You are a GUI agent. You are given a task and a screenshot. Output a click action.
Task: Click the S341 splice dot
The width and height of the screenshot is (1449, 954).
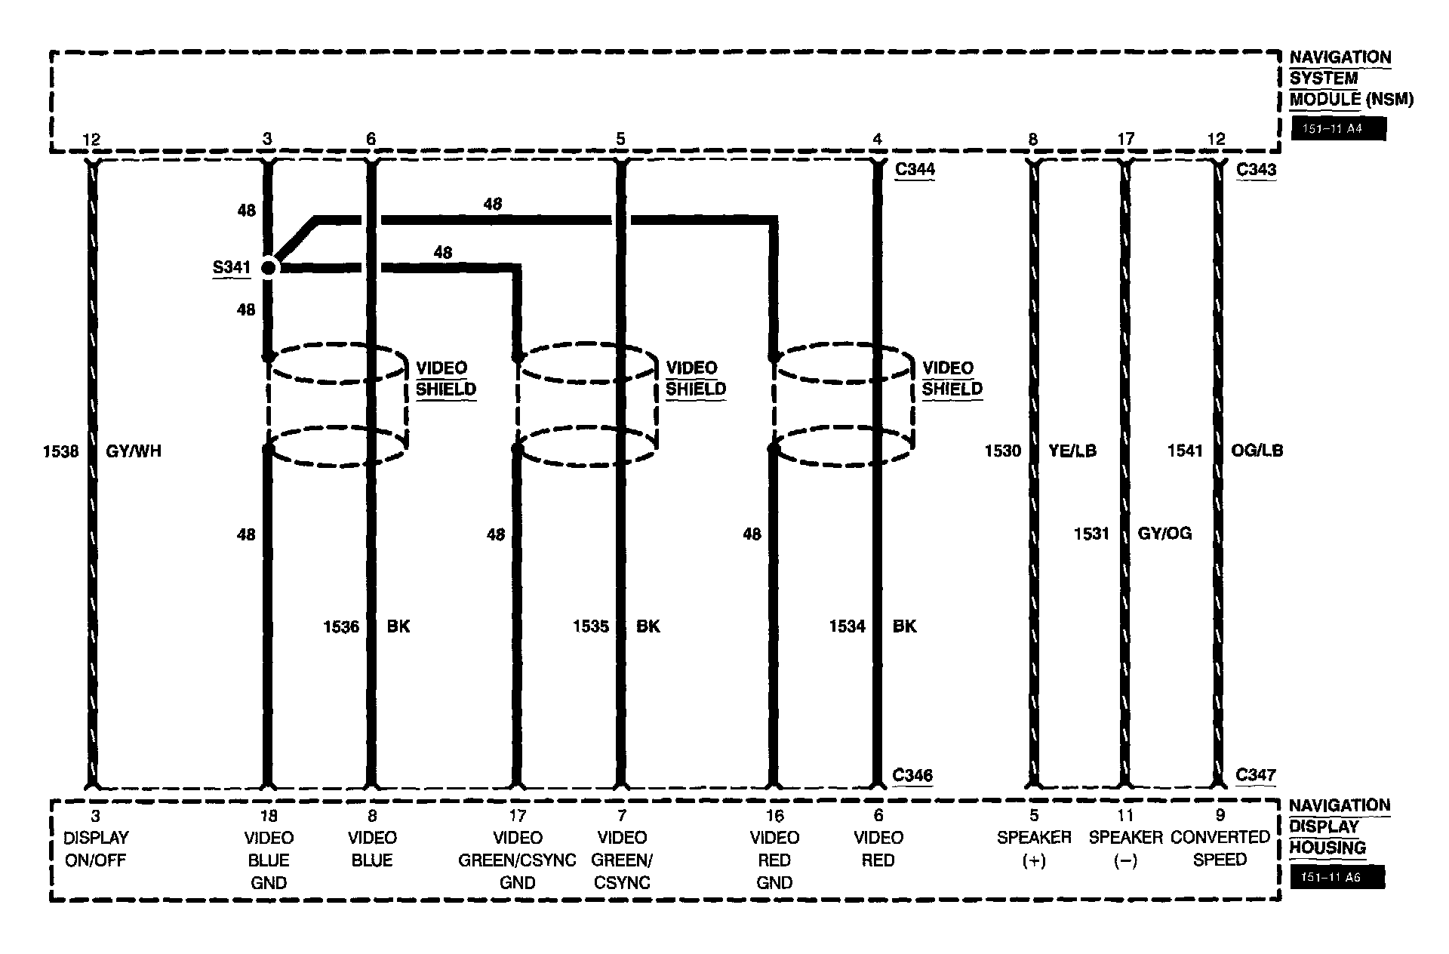[268, 267]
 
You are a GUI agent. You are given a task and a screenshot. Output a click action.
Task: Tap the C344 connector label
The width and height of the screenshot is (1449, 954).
[914, 169]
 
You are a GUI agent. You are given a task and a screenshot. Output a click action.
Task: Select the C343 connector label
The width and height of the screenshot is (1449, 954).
[1256, 169]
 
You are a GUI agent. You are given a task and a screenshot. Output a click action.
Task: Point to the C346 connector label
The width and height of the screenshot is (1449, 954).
[912, 775]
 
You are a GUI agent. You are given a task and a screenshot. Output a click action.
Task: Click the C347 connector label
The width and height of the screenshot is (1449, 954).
[1256, 775]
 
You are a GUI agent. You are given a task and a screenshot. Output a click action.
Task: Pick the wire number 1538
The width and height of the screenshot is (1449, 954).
[60, 451]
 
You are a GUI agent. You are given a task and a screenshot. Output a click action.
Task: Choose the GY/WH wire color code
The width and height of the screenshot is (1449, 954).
[134, 451]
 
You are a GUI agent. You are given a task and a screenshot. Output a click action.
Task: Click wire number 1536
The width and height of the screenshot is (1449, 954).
[341, 626]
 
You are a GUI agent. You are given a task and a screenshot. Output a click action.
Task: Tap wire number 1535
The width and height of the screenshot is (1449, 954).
[590, 626]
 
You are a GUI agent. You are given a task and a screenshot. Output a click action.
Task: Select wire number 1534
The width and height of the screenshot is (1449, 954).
[847, 626]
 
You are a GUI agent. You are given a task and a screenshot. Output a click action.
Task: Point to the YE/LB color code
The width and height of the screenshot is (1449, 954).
[1072, 451]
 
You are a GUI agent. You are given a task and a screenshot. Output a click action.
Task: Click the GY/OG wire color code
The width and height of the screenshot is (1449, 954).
[1164, 534]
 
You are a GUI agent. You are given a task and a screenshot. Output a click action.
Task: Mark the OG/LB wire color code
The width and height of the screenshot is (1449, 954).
[1257, 451]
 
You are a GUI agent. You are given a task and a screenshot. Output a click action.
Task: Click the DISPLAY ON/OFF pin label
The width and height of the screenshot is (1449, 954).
[96, 848]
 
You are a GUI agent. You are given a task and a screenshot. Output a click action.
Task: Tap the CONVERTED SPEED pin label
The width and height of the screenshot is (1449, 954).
[1220, 848]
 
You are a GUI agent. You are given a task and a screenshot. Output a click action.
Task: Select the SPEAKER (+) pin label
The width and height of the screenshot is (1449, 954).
[1034, 848]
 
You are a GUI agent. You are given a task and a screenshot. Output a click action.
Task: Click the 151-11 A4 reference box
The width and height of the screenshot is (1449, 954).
[1337, 129]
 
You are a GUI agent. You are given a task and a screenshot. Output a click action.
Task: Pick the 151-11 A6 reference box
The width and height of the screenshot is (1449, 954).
[1337, 878]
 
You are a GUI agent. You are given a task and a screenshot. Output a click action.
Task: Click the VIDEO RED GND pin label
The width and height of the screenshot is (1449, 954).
[774, 860]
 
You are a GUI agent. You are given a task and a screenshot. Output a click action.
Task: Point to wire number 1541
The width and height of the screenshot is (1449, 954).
[1184, 451]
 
